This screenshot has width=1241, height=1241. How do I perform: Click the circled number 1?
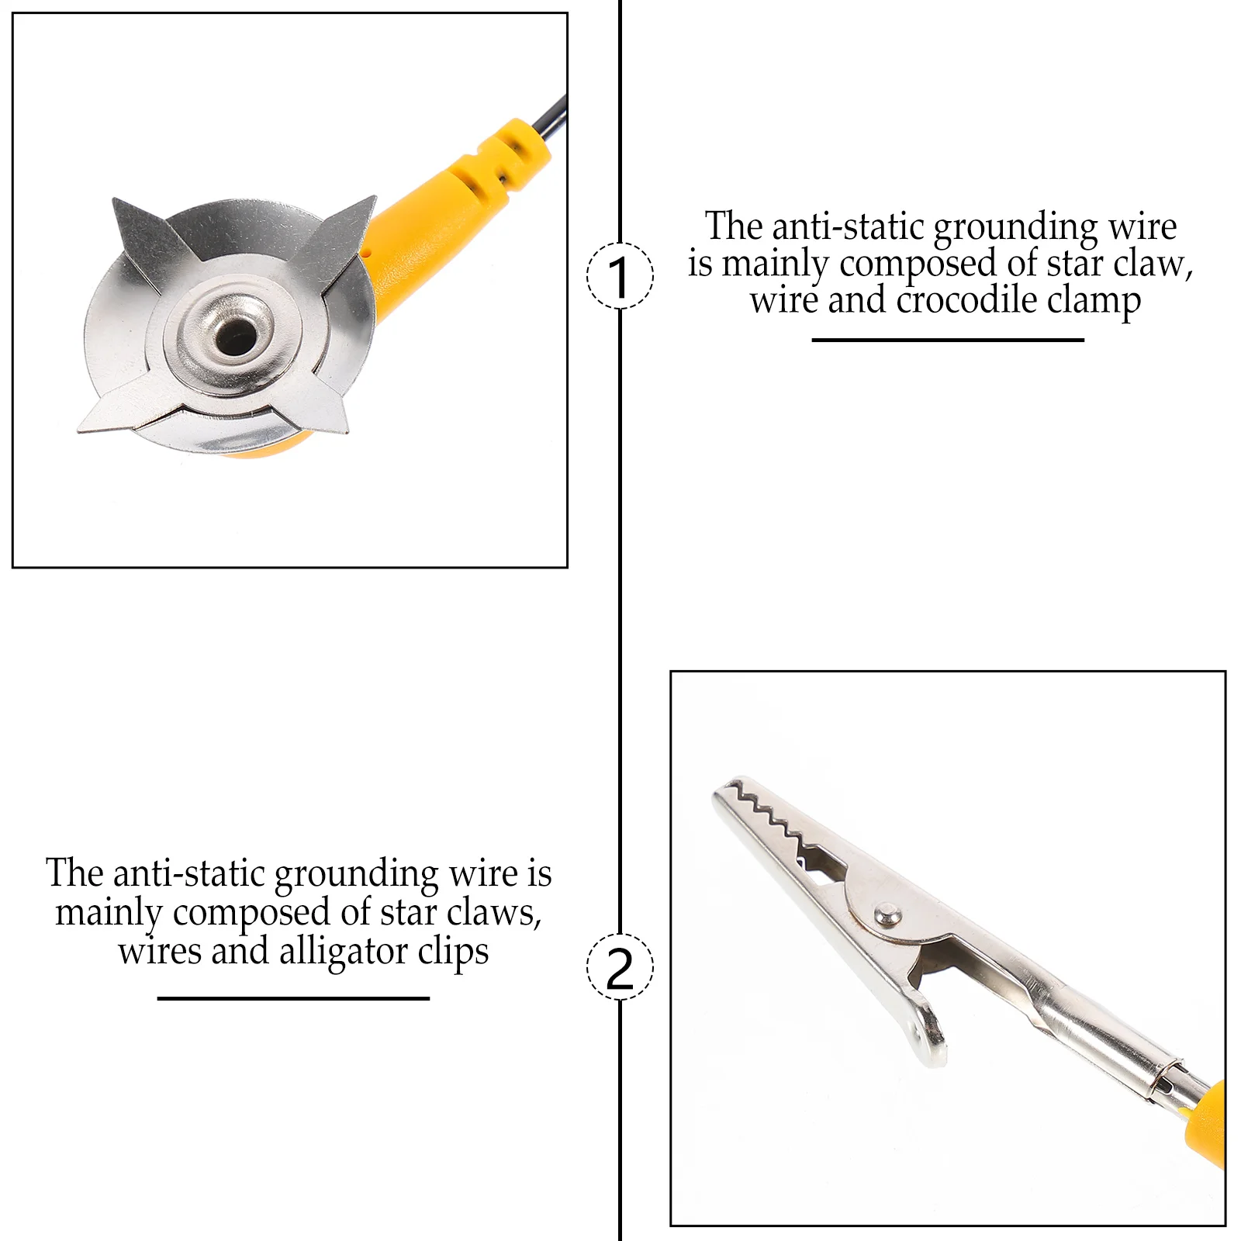[x=620, y=276]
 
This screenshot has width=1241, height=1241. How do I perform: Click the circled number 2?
[x=620, y=966]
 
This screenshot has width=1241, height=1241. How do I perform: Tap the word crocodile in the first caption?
[x=966, y=300]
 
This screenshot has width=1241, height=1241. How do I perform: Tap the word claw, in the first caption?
[x=1153, y=264]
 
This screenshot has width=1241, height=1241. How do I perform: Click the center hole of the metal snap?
[x=237, y=334]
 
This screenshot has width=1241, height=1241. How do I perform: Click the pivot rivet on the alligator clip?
[x=887, y=914]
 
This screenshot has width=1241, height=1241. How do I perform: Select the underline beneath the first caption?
[x=948, y=340]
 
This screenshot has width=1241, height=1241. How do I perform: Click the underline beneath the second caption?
[x=293, y=998]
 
